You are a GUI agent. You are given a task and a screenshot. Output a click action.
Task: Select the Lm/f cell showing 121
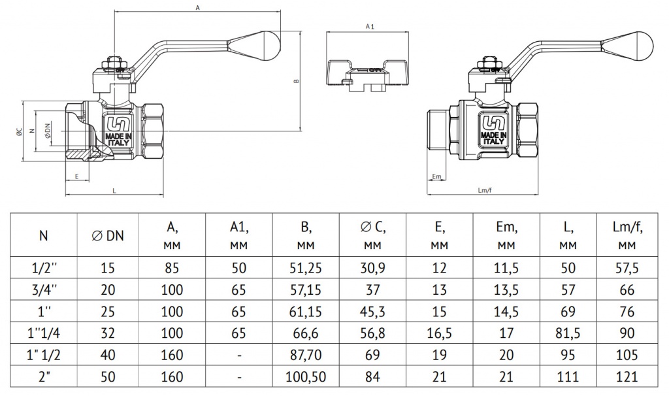(x=627, y=377)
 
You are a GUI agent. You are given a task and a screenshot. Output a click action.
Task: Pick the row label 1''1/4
(x=44, y=333)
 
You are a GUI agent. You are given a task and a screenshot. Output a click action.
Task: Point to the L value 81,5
(x=568, y=333)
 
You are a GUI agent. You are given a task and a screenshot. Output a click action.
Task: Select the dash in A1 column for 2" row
(x=240, y=377)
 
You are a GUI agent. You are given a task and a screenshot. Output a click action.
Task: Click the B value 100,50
(x=305, y=377)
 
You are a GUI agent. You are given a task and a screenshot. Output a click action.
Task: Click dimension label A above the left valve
(x=197, y=8)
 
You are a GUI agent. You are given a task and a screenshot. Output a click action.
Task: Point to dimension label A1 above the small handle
(x=370, y=27)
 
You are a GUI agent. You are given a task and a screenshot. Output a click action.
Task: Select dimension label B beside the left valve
(x=296, y=81)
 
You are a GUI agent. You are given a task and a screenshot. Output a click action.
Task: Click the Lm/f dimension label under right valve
(x=485, y=190)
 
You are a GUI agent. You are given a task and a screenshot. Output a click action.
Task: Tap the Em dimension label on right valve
(x=437, y=176)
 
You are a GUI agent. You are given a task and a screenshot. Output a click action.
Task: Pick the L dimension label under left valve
(x=114, y=190)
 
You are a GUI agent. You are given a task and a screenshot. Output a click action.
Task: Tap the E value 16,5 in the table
(x=439, y=333)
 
